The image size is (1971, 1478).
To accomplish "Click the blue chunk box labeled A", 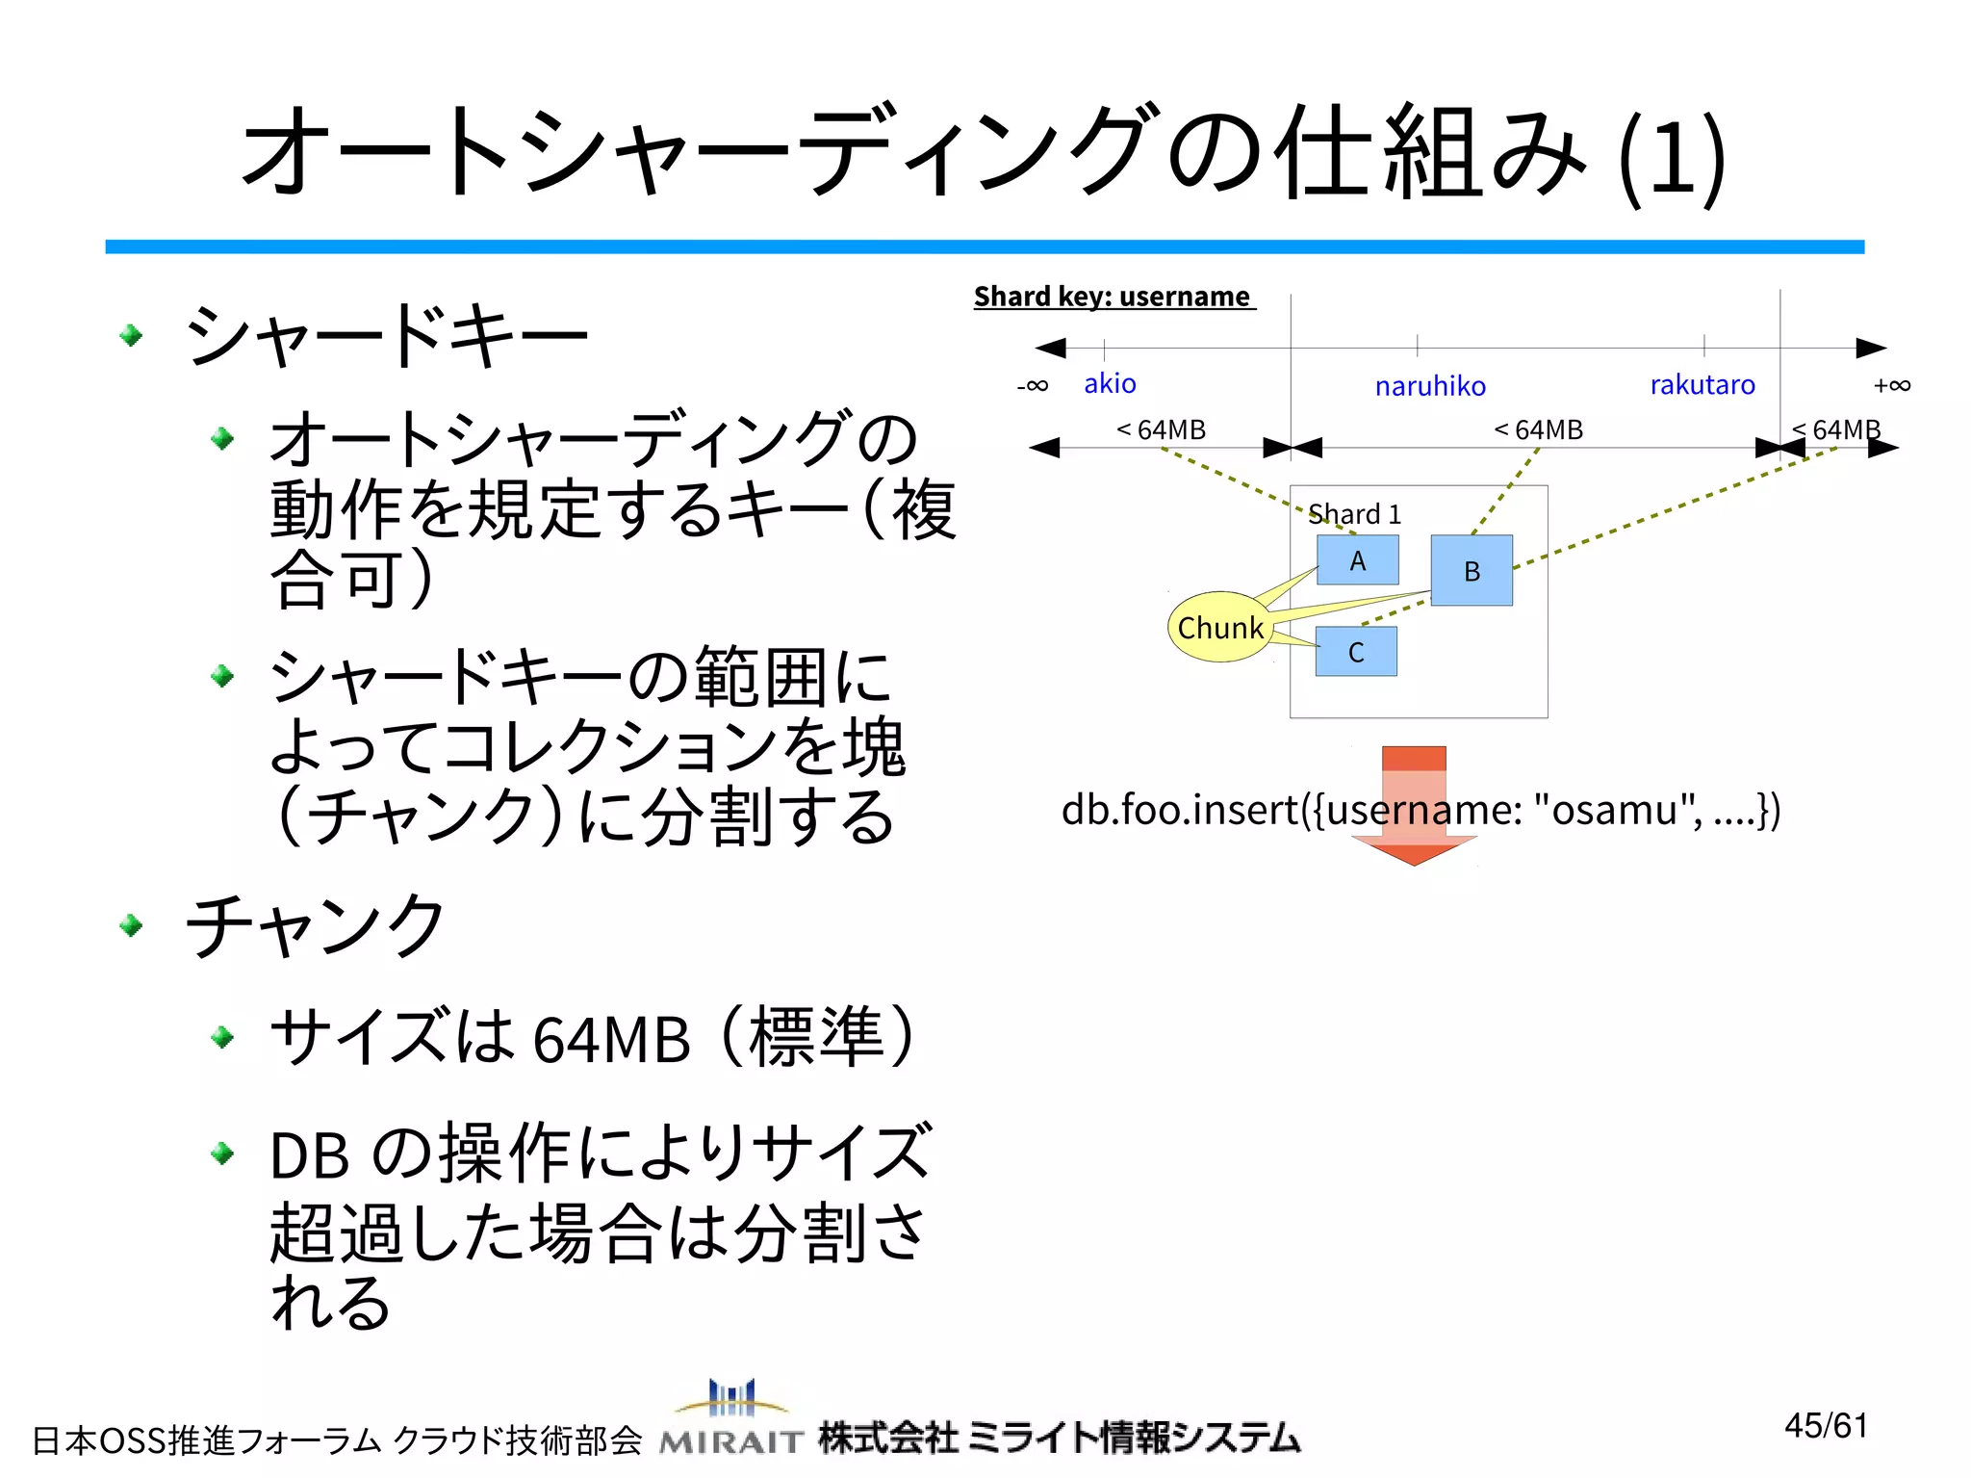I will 1357,560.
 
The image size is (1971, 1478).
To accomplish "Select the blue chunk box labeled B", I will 1472,571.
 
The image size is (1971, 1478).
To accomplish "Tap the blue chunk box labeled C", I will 1356,652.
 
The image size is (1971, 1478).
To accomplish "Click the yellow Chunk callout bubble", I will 1219,628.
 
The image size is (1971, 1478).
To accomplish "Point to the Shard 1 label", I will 1354,514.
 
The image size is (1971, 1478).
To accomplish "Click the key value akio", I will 1110,384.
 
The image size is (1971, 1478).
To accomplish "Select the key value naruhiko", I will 1430,386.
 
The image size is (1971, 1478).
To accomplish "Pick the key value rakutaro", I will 1702,385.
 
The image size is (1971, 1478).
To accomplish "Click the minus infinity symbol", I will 1033,386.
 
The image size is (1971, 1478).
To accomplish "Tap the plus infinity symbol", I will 1892,386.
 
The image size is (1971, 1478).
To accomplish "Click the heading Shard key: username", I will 1113,297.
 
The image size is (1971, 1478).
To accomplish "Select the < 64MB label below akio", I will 1161,429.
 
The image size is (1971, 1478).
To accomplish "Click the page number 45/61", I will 1826,1425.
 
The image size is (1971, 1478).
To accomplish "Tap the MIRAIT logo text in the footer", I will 731,1440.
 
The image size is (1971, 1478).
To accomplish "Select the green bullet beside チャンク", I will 132,926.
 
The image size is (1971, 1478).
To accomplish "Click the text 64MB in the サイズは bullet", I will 612,1040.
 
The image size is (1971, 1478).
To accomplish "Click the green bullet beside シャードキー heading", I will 132,335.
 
